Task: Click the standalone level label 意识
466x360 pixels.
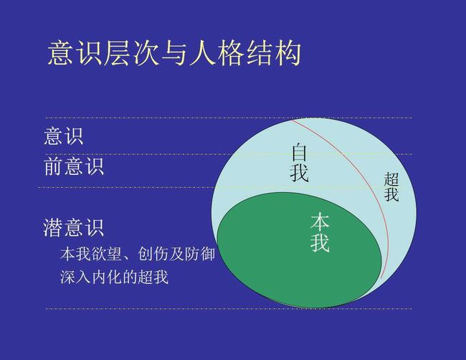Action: click(64, 136)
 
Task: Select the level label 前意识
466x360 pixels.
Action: click(74, 166)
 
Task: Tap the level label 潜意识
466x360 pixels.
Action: click(73, 228)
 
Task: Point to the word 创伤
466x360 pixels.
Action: click(153, 254)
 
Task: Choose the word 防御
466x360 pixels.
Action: click(199, 254)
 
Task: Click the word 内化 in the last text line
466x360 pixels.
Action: click(106, 277)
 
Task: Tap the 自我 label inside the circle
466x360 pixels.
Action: click(299, 163)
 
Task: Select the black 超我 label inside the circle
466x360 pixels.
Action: click(391, 186)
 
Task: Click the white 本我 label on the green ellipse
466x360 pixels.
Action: click(320, 232)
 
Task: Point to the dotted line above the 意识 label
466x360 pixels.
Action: click(229, 118)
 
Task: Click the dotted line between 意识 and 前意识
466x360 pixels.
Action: click(229, 154)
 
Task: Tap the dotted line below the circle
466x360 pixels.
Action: click(229, 308)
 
